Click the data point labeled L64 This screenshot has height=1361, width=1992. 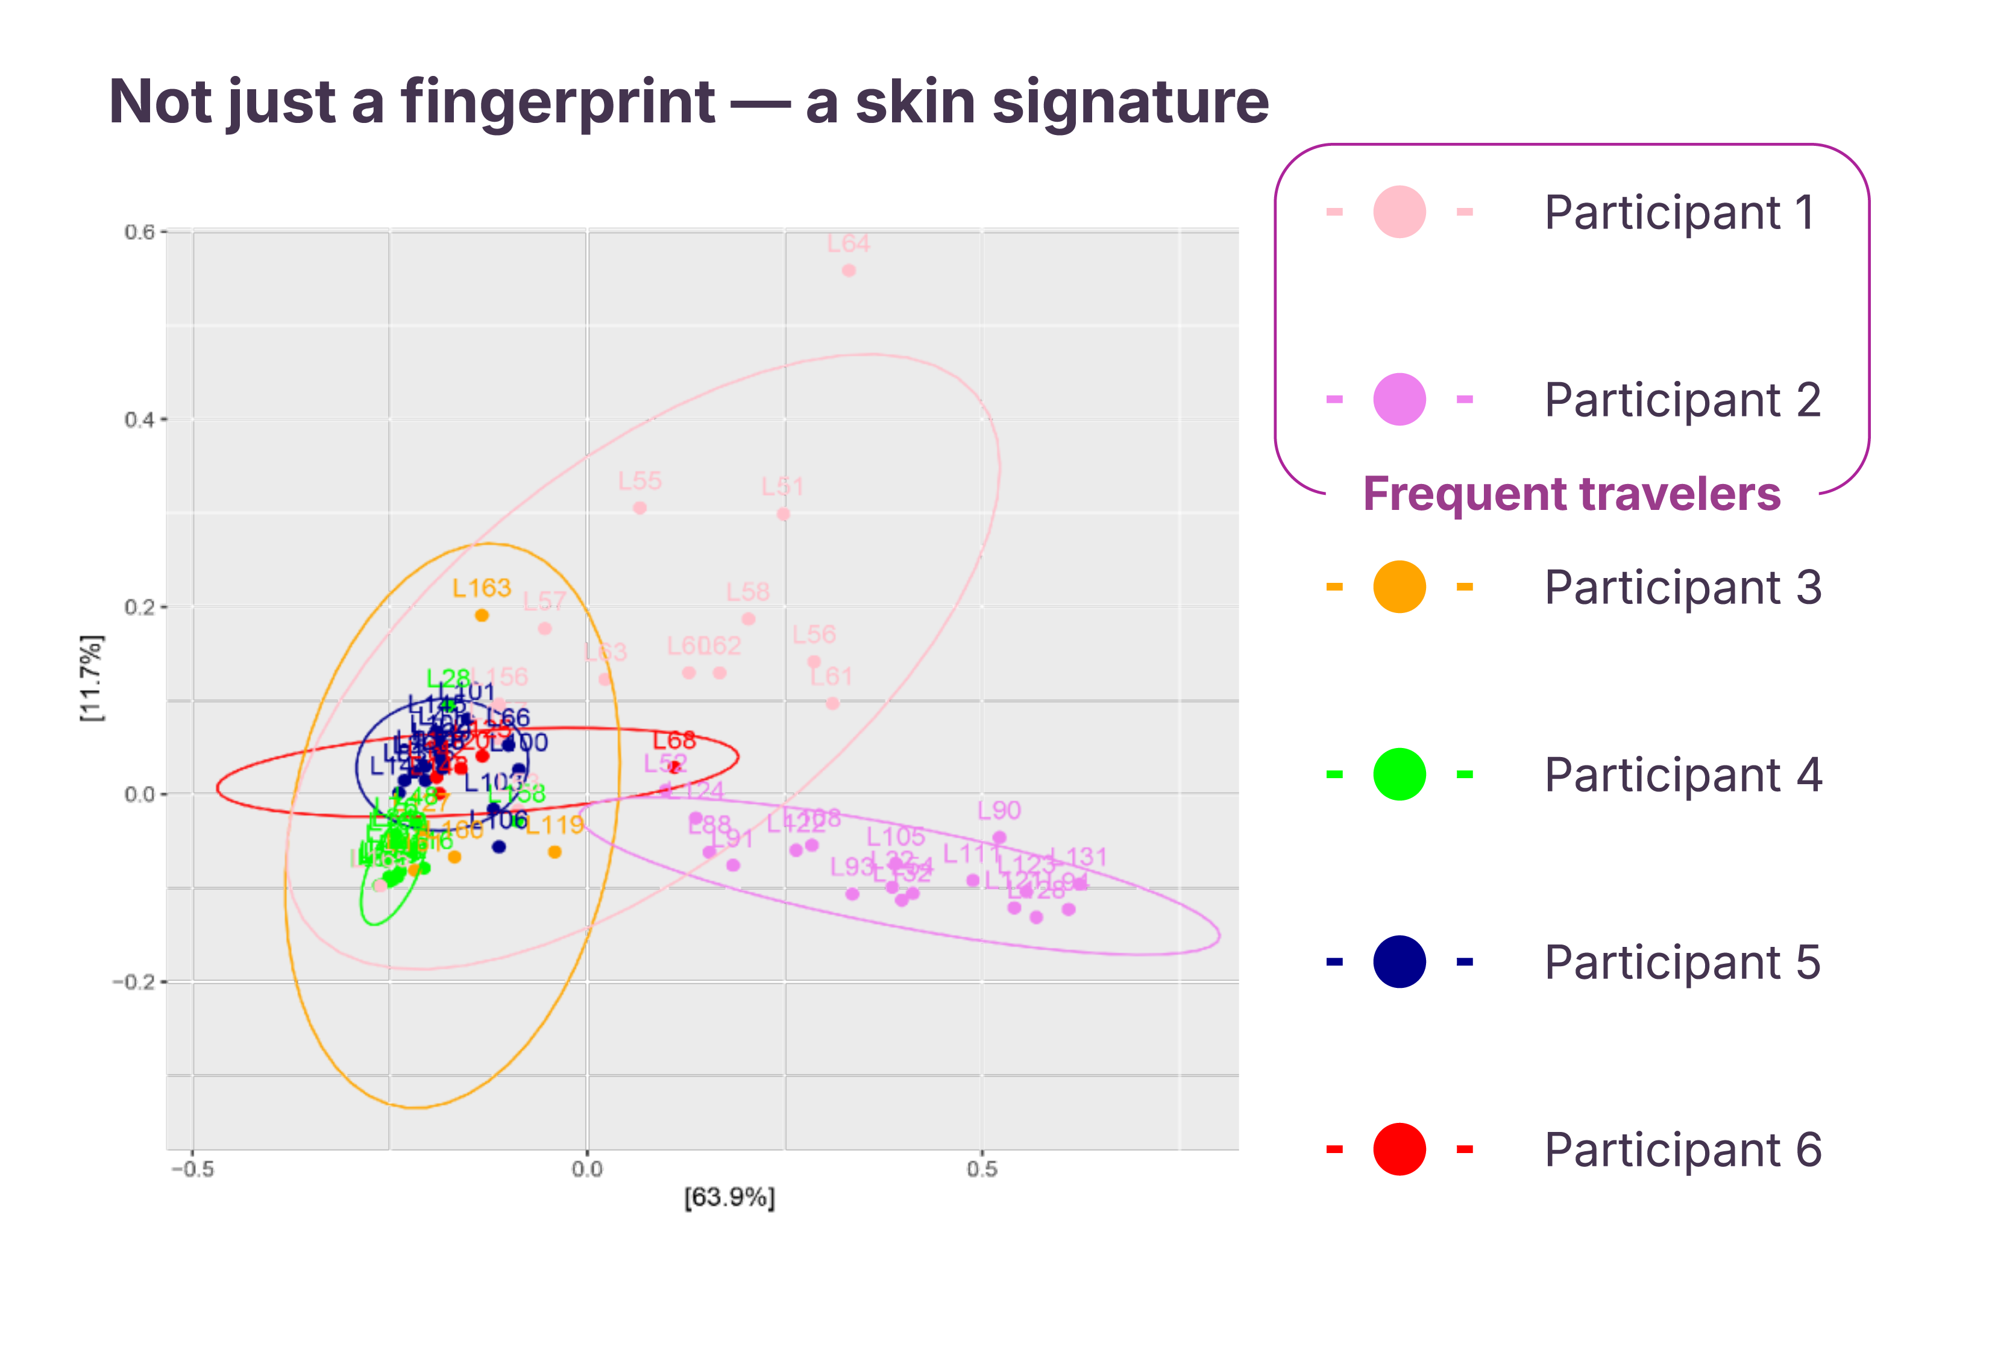click(x=849, y=271)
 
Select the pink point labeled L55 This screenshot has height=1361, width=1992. click(x=639, y=508)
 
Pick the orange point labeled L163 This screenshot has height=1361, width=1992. click(x=482, y=615)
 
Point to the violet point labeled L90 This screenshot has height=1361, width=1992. click(x=999, y=837)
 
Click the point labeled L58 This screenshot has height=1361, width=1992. click(x=749, y=619)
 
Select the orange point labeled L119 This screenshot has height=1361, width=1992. click(x=555, y=852)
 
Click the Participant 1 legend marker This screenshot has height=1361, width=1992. click(x=1399, y=212)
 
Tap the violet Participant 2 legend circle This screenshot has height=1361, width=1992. click(x=1399, y=400)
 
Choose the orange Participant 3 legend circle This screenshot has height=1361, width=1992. click(x=1399, y=587)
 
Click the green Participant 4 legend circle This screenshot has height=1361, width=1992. click(x=1399, y=775)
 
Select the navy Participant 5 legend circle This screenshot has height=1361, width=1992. click(x=1399, y=961)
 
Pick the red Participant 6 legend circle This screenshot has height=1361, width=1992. click(x=1399, y=1149)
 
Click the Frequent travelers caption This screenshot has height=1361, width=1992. click(x=1571, y=494)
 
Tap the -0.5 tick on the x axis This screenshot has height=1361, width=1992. click(x=193, y=1169)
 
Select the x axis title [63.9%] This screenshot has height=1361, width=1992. click(x=729, y=1197)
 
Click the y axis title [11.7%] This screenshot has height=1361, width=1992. click(x=91, y=678)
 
